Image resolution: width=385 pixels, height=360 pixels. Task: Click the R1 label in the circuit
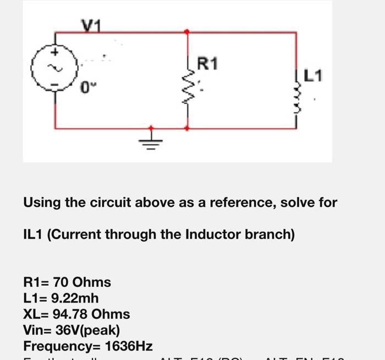pyautogui.click(x=207, y=65)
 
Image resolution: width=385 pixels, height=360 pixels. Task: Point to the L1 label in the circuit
pyautogui.click(x=313, y=75)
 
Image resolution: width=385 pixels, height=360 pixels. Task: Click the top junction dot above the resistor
pyautogui.click(x=188, y=32)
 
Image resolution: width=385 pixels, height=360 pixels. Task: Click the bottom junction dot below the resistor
pyautogui.click(x=188, y=128)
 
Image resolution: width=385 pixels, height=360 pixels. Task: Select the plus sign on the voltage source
pyautogui.click(x=55, y=53)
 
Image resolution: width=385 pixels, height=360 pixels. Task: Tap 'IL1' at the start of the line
pyautogui.click(x=34, y=235)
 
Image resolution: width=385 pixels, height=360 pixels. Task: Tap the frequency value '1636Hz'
pyautogui.click(x=128, y=346)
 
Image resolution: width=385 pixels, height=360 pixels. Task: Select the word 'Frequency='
pyautogui.click(x=62, y=346)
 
